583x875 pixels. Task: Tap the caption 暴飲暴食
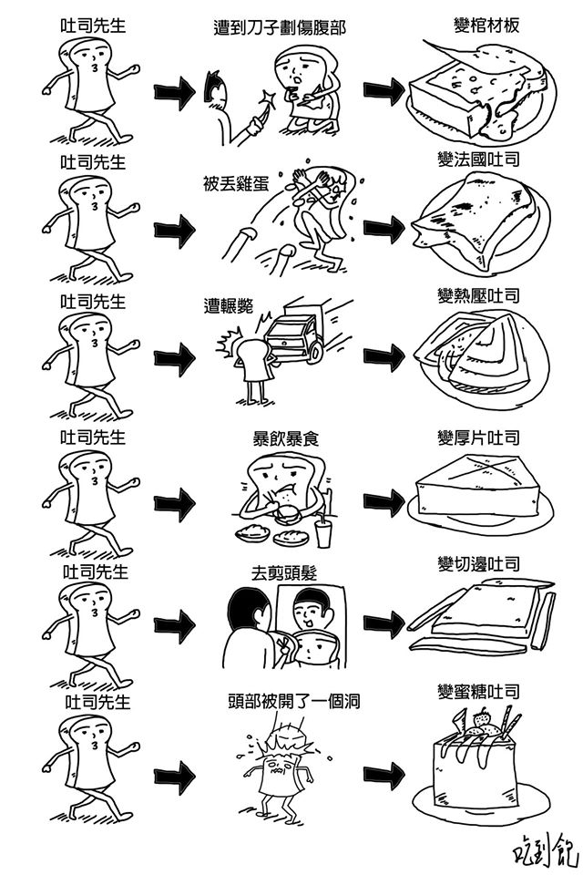285,438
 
